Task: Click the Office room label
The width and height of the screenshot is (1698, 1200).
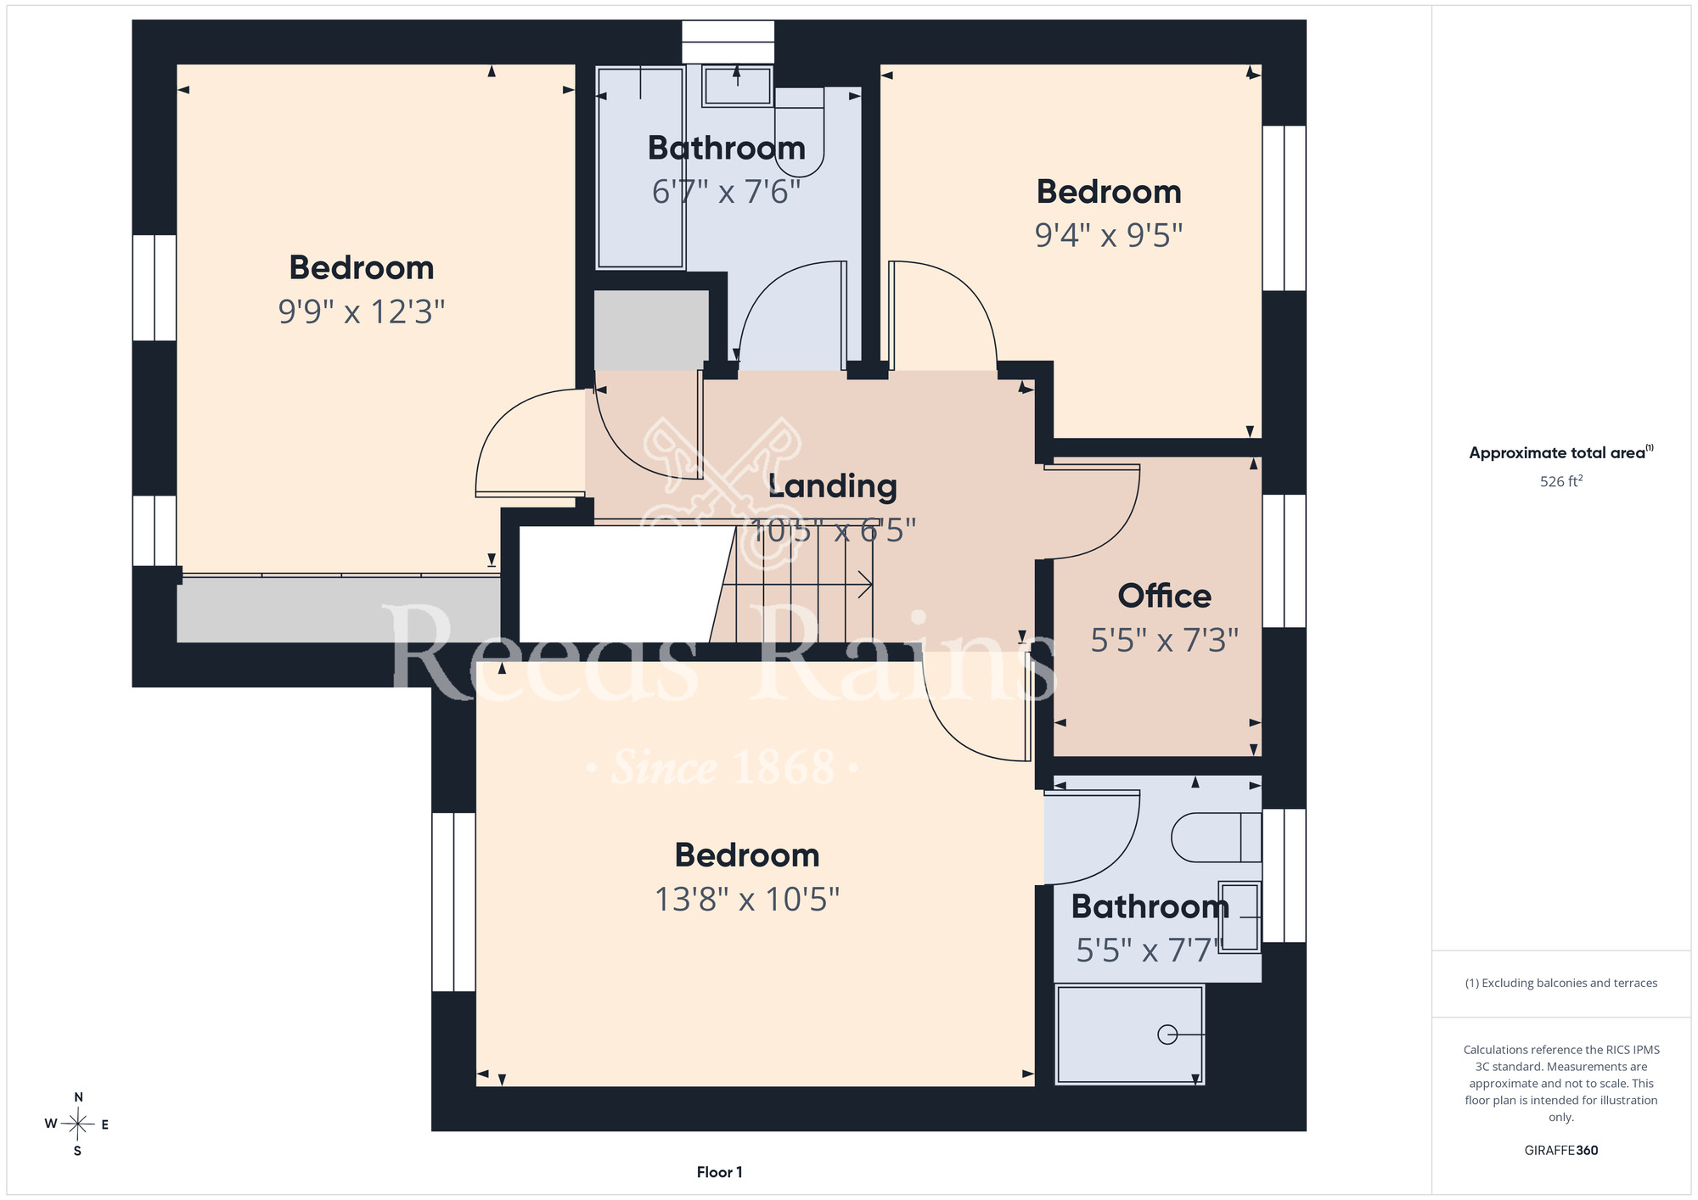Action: [x=1164, y=596]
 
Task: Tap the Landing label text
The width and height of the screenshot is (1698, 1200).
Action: [x=832, y=485]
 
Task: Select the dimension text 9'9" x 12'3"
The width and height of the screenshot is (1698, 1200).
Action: [x=362, y=311]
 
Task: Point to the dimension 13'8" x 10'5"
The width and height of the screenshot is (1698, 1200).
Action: [x=747, y=899]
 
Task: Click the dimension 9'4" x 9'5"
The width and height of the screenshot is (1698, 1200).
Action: [x=1109, y=235]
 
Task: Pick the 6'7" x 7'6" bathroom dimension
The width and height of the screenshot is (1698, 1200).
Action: [x=726, y=192]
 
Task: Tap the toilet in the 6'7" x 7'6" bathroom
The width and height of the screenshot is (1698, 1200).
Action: [x=800, y=132]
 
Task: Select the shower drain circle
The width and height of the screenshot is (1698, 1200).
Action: [x=1167, y=1035]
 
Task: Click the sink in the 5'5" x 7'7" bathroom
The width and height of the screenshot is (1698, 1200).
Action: [x=1240, y=917]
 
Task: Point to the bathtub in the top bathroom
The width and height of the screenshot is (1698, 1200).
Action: [x=640, y=167]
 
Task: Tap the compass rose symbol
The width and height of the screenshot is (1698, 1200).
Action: [x=78, y=1124]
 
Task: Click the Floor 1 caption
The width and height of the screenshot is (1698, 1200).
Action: [x=719, y=1172]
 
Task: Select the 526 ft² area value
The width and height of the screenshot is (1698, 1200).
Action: [x=1561, y=481]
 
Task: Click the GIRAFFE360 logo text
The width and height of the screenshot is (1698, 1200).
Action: [x=1561, y=1151]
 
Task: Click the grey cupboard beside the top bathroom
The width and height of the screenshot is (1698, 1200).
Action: [x=651, y=329]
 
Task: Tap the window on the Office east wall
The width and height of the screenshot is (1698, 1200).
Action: [x=1284, y=561]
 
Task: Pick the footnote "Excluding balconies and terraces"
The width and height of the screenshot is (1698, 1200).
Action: [x=1561, y=984]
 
